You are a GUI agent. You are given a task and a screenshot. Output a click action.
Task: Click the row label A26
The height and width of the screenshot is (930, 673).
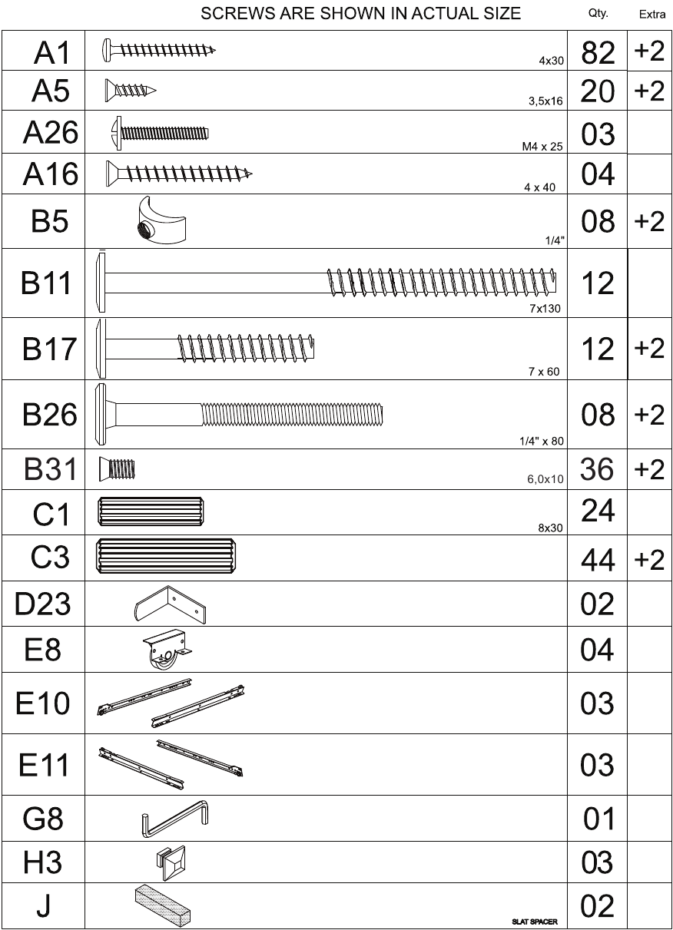pyautogui.click(x=51, y=132)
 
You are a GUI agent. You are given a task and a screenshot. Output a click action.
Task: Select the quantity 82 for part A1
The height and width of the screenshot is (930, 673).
pyautogui.click(x=598, y=53)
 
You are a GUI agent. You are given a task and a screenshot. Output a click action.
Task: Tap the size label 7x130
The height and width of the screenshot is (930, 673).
pyautogui.click(x=545, y=309)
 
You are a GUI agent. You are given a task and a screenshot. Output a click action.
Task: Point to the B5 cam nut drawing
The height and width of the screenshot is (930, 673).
pyautogui.click(x=161, y=220)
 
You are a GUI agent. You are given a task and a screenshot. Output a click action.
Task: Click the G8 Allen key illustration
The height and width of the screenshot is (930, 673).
pyautogui.click(x=175, y=818)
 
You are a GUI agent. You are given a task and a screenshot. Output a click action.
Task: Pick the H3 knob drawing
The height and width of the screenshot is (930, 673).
pyautogui.click(x=171, y=862)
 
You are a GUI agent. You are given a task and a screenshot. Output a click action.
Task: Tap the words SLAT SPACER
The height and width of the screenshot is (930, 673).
pyautogui.click(x=534, y=922)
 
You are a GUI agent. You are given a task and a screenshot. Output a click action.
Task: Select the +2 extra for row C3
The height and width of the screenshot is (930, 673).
pyautogui.click(x=649, y=560)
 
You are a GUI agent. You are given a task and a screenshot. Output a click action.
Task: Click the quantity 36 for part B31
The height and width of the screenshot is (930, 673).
pyautogui.click(x=597, y=469)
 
